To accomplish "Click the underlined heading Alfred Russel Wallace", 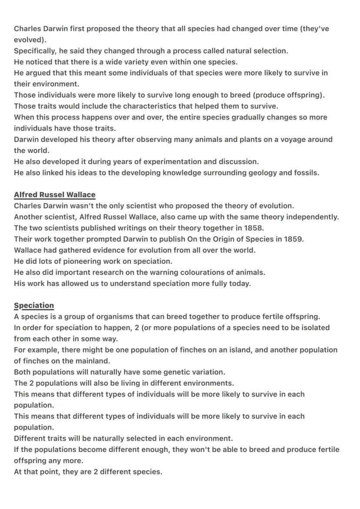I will (x=54, y=195).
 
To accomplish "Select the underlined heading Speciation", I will (x=34, y=306).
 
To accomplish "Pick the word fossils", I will (x=305, y=173).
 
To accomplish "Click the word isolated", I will (x=314, y=328).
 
